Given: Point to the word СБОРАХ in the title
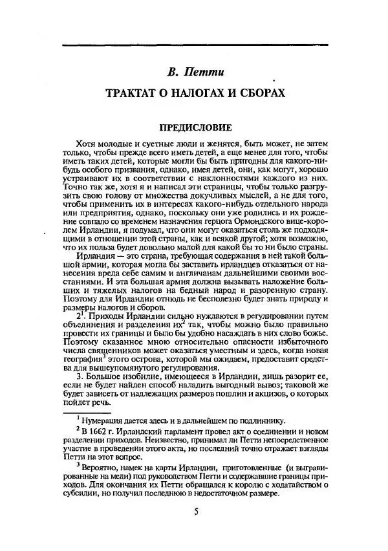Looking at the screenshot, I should (261, 94).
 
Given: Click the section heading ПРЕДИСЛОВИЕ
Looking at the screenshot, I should (195, 128).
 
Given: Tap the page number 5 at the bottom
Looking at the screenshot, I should (195, 513).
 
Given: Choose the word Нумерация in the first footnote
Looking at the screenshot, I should (103, 418).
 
